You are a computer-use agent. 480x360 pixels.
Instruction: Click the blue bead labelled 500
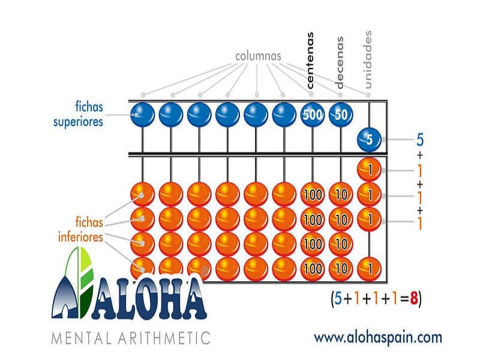coord(313,115)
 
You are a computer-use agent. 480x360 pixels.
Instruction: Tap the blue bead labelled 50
coord(341,115)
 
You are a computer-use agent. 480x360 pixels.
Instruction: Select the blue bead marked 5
coord(369,140)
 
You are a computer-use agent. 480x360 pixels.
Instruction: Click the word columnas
coord(258,56)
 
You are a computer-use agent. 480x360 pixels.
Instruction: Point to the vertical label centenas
coord(310,61)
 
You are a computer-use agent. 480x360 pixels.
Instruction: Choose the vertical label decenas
coord(340,62)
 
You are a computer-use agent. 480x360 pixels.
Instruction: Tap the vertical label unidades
coord(368,59)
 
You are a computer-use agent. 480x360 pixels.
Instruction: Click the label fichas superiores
coord(78,114)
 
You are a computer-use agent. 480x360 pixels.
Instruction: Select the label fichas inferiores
coord(80,230)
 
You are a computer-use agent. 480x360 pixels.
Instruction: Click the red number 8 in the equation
coord(414,298)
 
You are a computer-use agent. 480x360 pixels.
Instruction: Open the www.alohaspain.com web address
coord(378,338)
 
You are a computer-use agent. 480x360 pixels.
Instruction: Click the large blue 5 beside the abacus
coord(420,140)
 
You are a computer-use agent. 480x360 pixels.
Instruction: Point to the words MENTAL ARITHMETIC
coord(131,338)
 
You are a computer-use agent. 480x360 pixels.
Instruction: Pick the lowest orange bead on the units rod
coord(369,269)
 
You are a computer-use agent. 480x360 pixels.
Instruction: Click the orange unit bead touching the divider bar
coord(369,169)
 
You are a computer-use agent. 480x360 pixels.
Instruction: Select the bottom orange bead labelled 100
coord(313,269)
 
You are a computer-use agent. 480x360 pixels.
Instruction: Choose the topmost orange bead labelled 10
coord(341,194)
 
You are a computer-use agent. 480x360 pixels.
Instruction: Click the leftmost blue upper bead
coord(143,115)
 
